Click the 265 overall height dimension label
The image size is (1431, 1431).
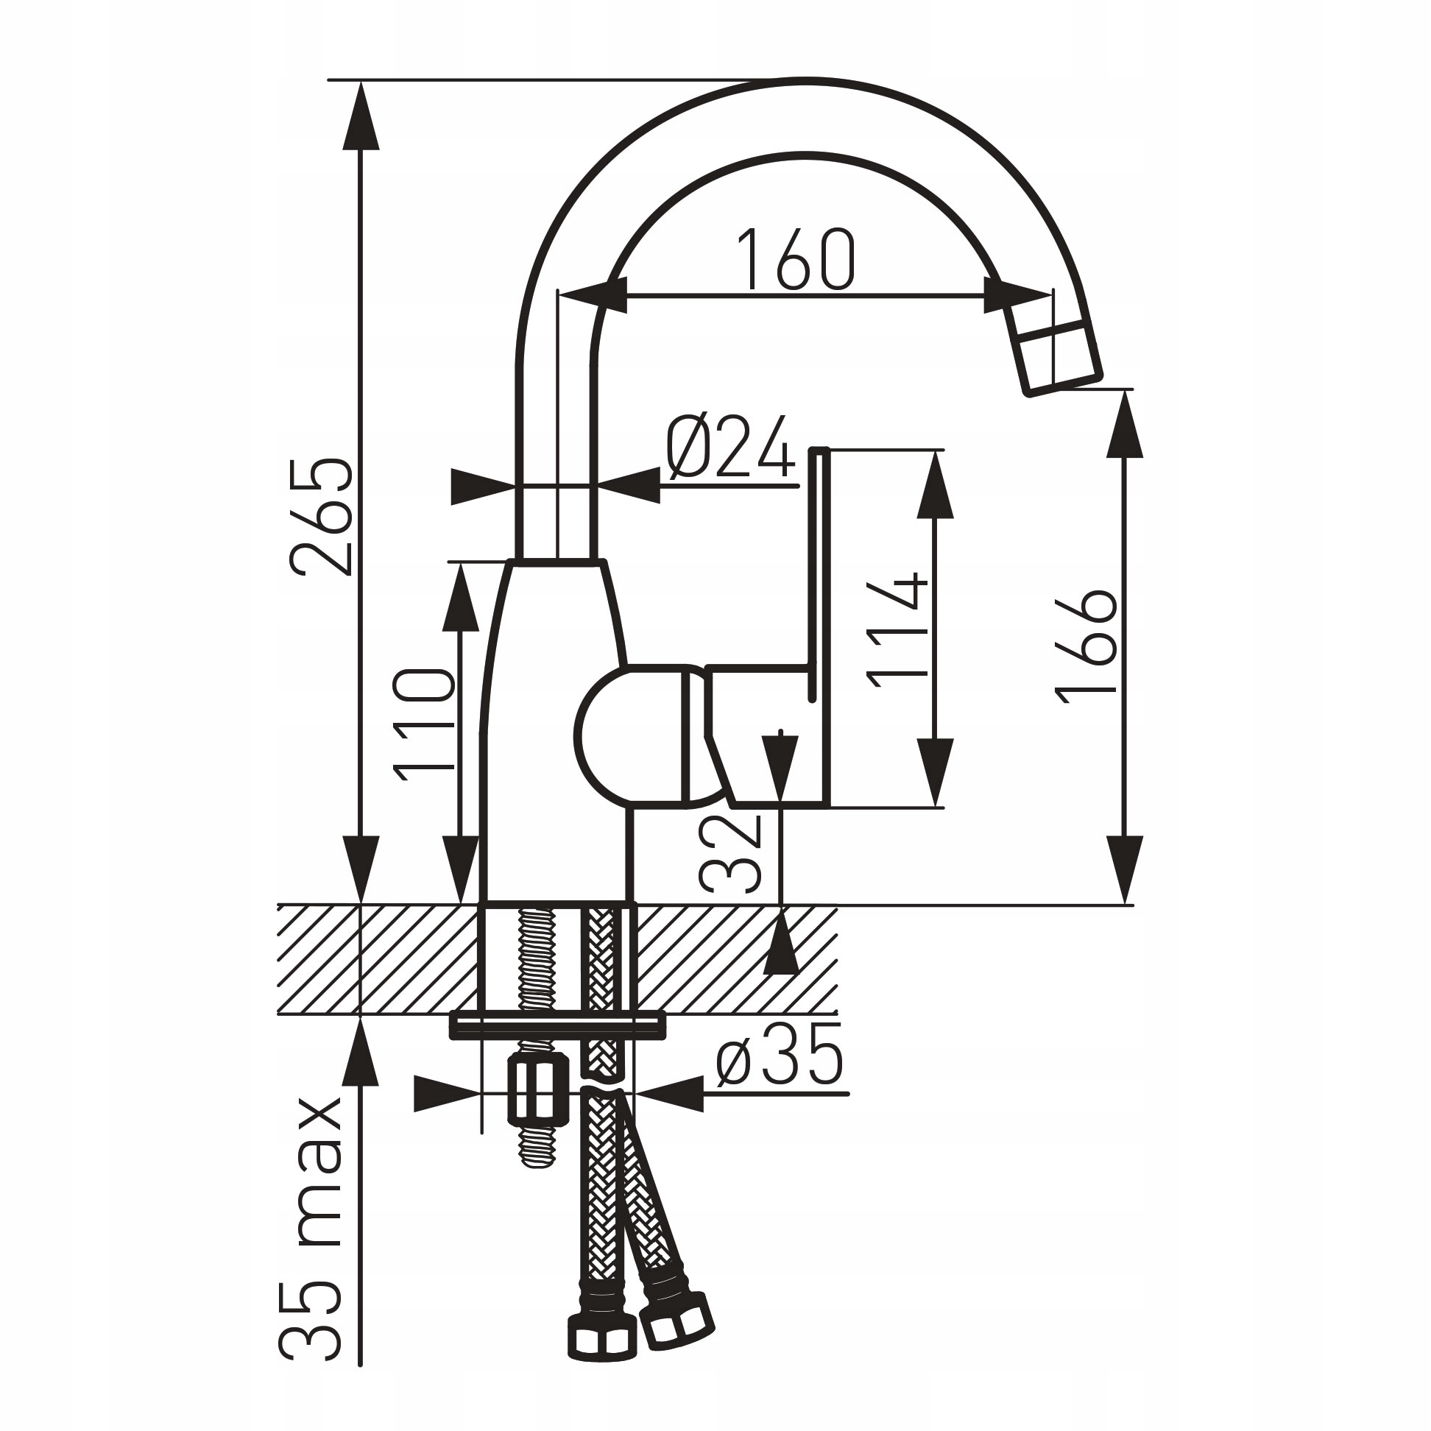321,516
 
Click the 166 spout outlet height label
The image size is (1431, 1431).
1086,645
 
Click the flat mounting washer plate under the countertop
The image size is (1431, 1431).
558,1025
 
